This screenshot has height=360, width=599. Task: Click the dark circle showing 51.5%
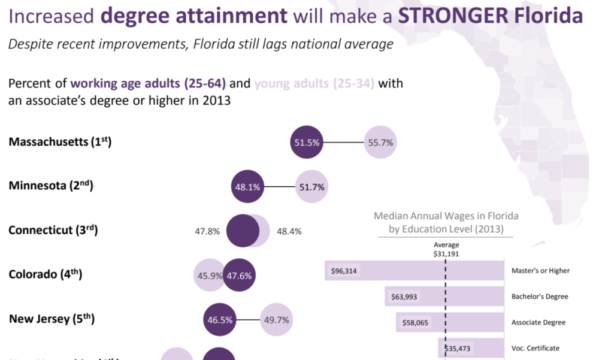(x=307, y=143)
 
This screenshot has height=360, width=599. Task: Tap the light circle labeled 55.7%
(x=380, y=143)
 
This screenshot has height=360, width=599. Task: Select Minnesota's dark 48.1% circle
(x=247, y=187)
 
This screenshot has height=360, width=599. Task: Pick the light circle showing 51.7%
(x=311, y=187)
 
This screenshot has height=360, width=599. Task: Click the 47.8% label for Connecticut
(x=207, y=231)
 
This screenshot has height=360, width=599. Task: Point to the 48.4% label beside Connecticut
(x=289, y=231)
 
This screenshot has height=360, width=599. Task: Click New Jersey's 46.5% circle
(x=220, y=320)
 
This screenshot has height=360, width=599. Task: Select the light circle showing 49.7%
(x=276, y=320)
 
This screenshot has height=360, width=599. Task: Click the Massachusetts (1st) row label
(x=60, y=142)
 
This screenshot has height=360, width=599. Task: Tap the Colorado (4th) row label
(x=45, y=275)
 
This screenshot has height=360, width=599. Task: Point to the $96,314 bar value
(x=344, y=271)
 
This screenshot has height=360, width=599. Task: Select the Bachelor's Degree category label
(x=540, y=297)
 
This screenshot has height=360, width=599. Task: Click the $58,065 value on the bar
(x=415, y=322)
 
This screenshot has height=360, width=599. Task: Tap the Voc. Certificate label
(x=536, y=348)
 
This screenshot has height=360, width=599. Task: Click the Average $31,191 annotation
(x=446, y=249)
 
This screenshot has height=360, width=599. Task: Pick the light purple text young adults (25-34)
(x=314, y=83)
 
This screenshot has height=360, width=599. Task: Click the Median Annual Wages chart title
(x=446, y=222)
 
